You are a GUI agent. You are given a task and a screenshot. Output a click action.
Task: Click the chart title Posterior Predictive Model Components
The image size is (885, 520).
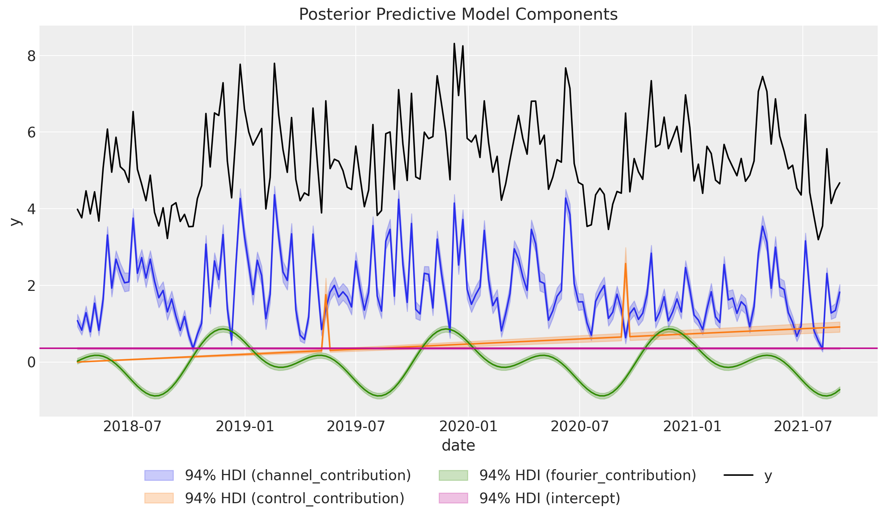point(458,15)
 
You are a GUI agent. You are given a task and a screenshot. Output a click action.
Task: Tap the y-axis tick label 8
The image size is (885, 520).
point(31,56)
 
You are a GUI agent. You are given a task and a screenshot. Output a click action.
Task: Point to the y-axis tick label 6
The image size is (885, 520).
point(31,132)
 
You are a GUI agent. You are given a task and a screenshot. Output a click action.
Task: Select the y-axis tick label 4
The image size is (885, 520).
point(31,209)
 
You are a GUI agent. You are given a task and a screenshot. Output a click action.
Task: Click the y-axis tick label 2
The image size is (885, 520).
point(31,285)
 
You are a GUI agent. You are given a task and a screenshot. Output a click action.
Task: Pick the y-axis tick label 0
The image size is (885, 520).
point(31,362)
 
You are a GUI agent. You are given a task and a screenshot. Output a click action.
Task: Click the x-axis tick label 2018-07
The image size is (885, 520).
point(132,426)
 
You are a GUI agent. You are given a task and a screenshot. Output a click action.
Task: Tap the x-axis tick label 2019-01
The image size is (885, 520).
point(245,426)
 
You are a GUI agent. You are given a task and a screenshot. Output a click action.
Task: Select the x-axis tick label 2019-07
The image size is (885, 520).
point(356,426)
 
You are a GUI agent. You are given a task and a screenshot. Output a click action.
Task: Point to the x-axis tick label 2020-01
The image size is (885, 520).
point(468,426)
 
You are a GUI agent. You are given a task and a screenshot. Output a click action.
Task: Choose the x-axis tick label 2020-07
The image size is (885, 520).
point(580,426)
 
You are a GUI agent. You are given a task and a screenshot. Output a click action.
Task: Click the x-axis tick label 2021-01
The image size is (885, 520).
point(692,426)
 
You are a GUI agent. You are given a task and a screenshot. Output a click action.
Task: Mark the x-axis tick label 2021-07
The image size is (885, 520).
point(803,426)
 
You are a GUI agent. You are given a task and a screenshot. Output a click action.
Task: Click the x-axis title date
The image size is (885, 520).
point(458,446)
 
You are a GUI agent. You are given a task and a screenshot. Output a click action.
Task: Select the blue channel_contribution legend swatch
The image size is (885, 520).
point(159,475)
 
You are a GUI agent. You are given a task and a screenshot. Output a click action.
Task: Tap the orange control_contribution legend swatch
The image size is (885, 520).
point(159,498)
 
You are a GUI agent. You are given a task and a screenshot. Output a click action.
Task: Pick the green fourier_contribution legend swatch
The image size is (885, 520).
point(453,475)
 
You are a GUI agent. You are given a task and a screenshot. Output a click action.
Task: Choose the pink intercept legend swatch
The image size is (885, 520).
point(453,498)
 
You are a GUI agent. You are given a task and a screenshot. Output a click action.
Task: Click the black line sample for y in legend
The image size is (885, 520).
point(738,475)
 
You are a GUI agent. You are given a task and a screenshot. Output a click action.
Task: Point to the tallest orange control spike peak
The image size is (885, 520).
point(625,263)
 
